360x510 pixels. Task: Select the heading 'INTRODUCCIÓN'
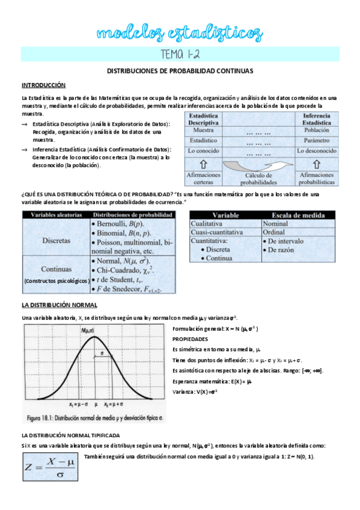coord(44,85)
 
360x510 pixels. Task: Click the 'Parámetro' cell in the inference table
coord(316,140)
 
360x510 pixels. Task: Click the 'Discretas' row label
coord(56,240)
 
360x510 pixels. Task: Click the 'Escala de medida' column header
coord(299,215)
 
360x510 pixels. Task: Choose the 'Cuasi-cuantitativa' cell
coord(217,232)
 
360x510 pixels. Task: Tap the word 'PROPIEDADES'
coord(191,339)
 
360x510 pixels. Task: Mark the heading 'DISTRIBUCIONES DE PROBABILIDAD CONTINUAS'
coord(180,71)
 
